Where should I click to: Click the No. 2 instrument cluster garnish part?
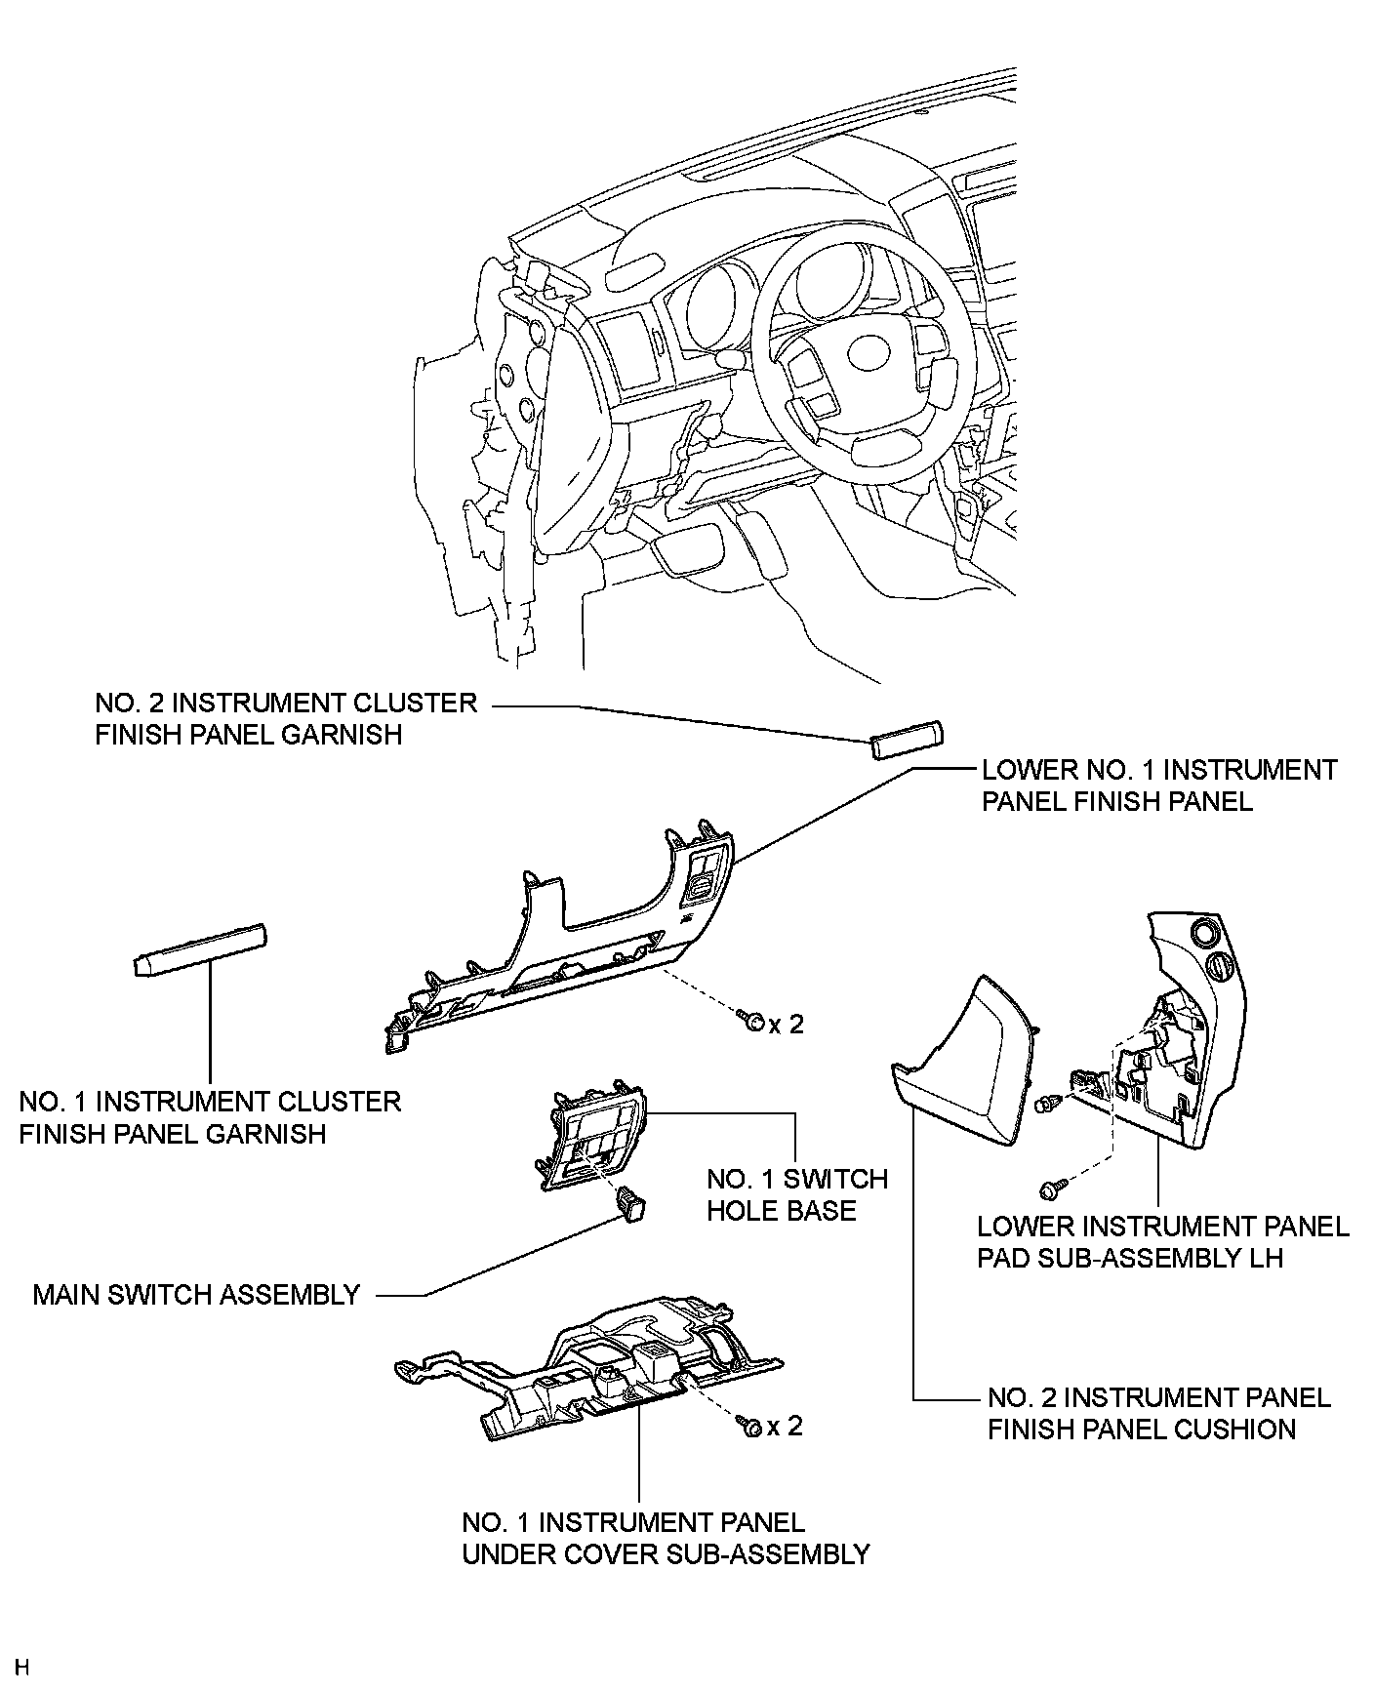point(908,739)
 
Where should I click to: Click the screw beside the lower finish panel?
point(751,1022)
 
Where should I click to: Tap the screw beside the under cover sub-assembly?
point(750,1425)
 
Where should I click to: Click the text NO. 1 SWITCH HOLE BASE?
point(796,1194)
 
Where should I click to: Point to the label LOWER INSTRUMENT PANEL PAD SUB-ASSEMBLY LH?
point(1162,1241)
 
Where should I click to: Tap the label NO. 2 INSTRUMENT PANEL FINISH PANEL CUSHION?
point(1158,1413)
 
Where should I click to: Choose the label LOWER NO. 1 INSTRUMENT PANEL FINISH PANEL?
point(1158,786)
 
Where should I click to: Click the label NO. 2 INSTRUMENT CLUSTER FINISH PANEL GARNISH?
point(286,718)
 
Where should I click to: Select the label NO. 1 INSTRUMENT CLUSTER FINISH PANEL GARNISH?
point(210,1117)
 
